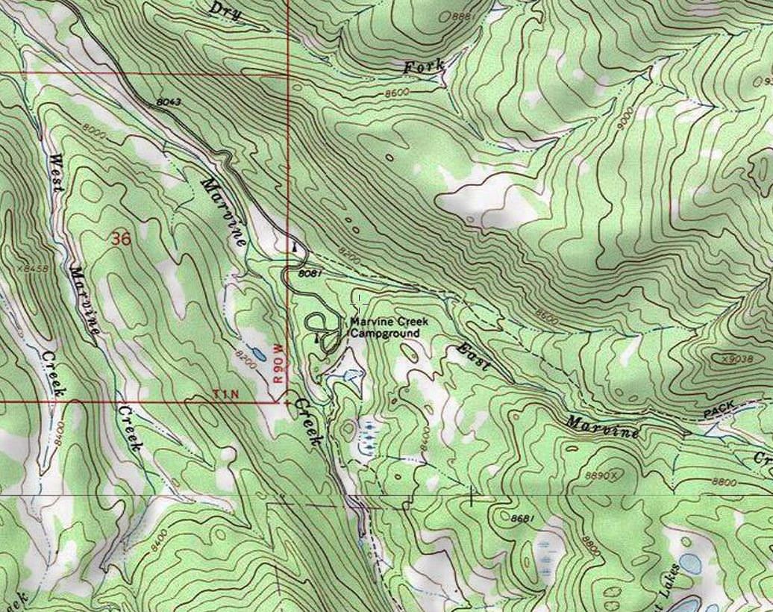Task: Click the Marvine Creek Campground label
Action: tap(388, 328)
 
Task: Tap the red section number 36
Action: tap(120, 239)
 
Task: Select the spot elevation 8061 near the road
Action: tap(310, 274)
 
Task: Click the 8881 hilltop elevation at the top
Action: tap(462, 16)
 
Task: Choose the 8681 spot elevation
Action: tap(525, 517)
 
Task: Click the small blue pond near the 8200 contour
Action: tap(256, 352)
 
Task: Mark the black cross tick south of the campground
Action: tap(472, 495)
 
